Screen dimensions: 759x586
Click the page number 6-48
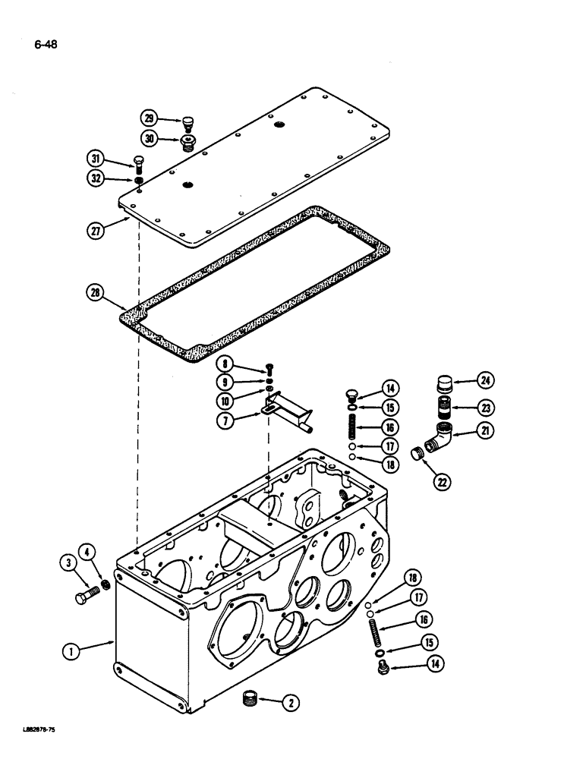[45, 44]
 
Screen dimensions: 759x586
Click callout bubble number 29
[149, 118]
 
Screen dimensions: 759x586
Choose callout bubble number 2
[289, 704]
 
